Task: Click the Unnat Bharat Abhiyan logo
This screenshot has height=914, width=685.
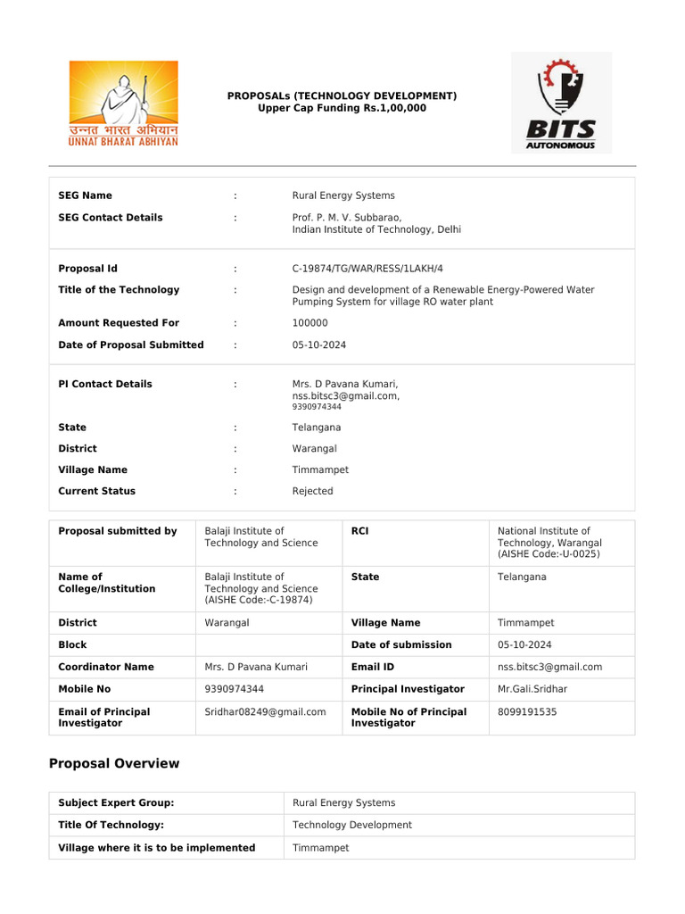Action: point(124,104)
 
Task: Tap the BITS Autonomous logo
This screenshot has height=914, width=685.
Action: point(560,102)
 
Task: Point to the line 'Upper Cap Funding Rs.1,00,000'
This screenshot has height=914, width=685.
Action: point(342,108)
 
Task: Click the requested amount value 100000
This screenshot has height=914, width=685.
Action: point(309,323)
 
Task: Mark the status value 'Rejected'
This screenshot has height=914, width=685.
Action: point(312,491)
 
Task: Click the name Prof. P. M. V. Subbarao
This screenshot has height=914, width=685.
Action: point(347,218)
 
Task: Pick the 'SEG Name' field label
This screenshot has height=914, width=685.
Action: point(86,195)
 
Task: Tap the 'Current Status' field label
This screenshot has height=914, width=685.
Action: point(97,491)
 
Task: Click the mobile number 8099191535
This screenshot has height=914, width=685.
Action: point(528,712)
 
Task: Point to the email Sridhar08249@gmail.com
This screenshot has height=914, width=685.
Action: point(265,712)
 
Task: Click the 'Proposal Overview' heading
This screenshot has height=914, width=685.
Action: point(113,764)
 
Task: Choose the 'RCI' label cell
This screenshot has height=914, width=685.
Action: point(360,531)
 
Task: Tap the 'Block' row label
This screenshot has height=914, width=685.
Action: point(73,644)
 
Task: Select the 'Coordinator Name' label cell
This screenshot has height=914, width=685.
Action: point(106,667)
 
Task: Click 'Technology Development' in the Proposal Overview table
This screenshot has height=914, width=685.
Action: point(352,826)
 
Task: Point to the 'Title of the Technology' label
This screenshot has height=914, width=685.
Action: point(119,290)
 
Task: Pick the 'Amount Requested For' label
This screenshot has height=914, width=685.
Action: point(119,323)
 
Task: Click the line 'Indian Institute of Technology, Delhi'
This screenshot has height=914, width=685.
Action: point(376,229)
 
